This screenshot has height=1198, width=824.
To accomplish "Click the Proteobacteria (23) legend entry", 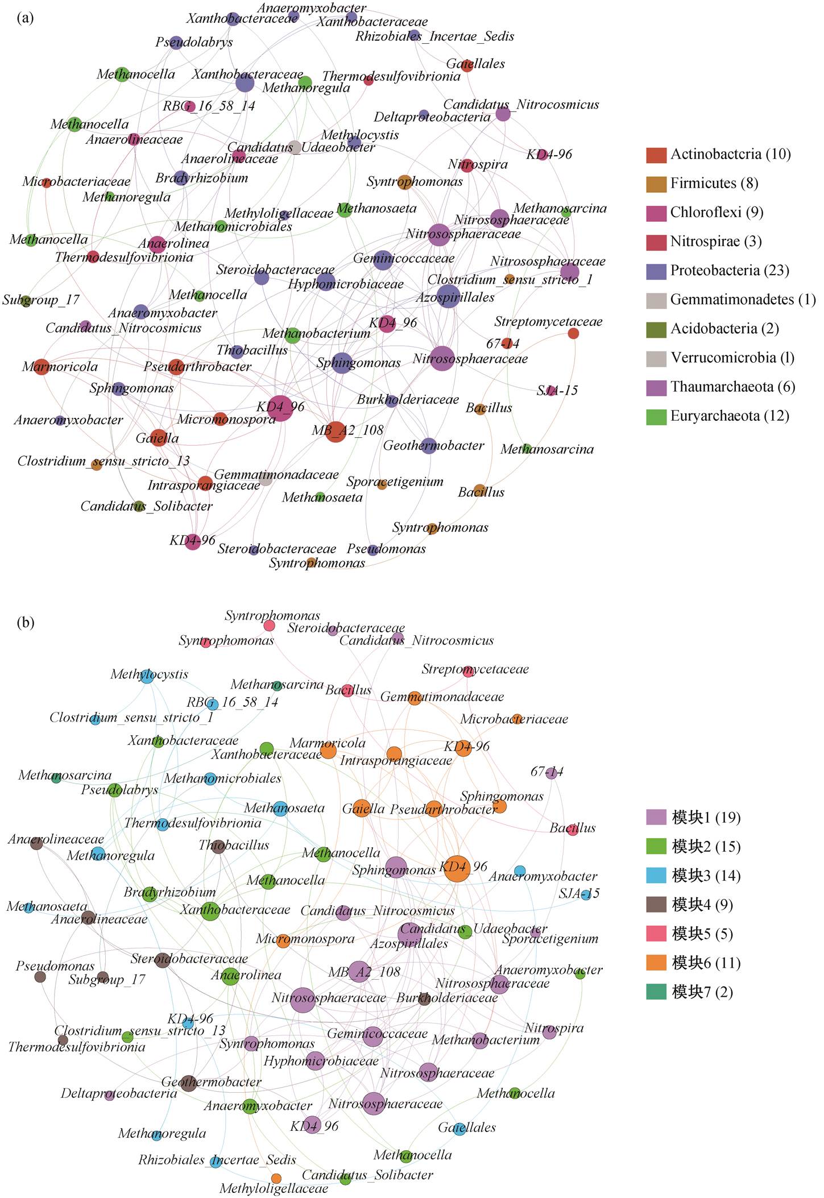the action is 718,271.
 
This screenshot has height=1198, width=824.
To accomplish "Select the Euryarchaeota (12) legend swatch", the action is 656,417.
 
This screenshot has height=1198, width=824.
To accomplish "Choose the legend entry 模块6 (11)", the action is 690,963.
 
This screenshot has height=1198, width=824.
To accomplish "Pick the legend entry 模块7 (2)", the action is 690,992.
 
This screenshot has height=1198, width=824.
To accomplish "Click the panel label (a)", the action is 25,18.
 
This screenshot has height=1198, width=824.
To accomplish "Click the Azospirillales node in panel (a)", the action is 448,297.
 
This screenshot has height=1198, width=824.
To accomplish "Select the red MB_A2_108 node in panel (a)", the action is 336,432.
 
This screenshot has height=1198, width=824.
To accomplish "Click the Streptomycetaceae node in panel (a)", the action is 573,334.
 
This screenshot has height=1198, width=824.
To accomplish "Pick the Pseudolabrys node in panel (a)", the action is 176,43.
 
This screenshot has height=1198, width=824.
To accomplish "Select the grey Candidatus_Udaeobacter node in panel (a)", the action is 294,147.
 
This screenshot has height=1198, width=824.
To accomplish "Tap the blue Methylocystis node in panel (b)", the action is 147,676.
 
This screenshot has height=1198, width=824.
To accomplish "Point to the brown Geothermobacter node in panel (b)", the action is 188,1083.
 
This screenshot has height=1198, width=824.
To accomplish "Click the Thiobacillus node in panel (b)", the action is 218,847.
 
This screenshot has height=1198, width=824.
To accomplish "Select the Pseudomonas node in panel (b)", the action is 40,977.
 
